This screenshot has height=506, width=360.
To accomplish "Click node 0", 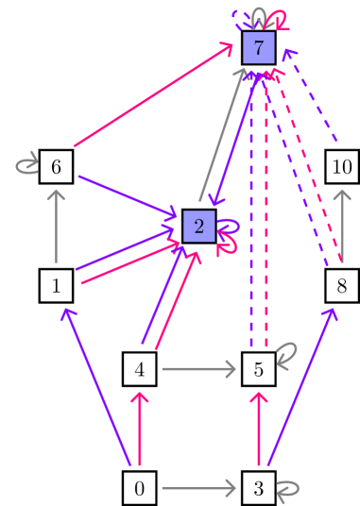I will [140, 488].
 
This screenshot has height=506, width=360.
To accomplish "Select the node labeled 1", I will [58, 284].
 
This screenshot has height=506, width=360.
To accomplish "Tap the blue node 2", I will [198, 226].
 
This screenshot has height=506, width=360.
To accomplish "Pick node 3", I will [258, 488].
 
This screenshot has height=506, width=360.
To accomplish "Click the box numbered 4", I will [140, 369].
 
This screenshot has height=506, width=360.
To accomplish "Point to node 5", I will [258, 369].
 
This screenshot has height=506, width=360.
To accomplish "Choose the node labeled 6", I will [58, 167].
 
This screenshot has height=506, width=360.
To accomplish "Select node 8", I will [342, 284].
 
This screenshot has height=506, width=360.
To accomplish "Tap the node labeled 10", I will [342, 167].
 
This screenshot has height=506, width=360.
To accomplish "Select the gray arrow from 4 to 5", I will [198, 369].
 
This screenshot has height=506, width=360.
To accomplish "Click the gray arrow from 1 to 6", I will [58, 226].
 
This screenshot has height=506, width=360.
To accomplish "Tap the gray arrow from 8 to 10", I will [342, 226].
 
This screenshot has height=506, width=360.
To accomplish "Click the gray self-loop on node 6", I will [26, 167].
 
